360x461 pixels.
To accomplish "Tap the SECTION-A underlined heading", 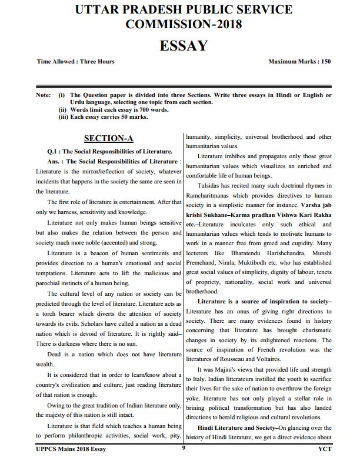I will tap(109, 139).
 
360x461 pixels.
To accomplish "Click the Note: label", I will tap(43, 95).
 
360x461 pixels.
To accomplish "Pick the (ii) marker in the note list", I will tap(62, 109).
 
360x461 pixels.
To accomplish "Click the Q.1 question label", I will tap(56, 151).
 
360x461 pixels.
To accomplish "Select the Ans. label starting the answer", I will tap(56, 161).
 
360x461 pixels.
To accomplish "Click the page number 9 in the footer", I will tap(183, 448).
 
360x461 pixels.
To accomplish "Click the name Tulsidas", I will tap(212, 186).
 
